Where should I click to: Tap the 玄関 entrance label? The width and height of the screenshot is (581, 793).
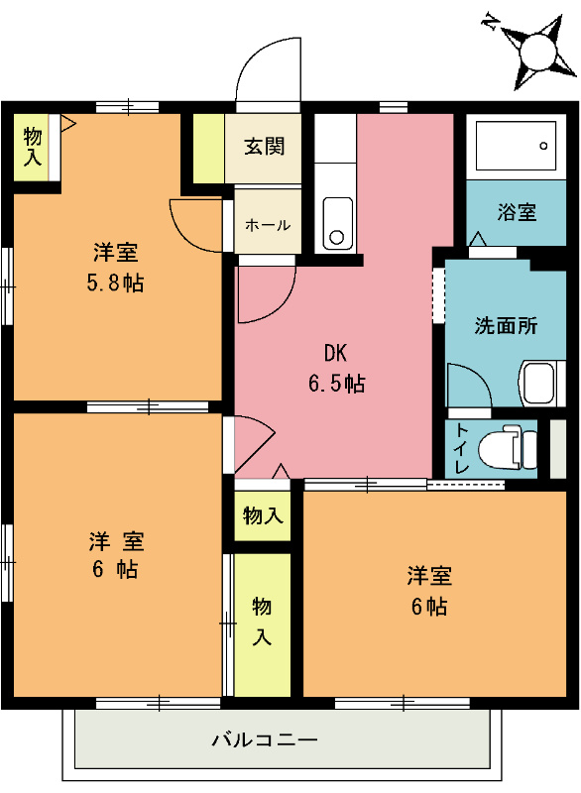tap(265, 147)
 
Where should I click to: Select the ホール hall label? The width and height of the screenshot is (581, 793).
tap(267, 225)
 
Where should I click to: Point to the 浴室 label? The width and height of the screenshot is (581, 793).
tap(517, 212)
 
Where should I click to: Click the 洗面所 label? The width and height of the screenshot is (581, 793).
tap(506, 325)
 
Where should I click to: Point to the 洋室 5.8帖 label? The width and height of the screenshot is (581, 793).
tap(116, 267)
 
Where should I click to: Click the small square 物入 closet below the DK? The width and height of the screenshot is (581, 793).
tap(263, 516)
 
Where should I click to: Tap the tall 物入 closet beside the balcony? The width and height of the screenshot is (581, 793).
tap(262, 622)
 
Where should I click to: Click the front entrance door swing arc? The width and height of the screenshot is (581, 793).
tap(266, 69)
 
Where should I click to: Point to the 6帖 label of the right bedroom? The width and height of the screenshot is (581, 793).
tap(428, 591)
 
